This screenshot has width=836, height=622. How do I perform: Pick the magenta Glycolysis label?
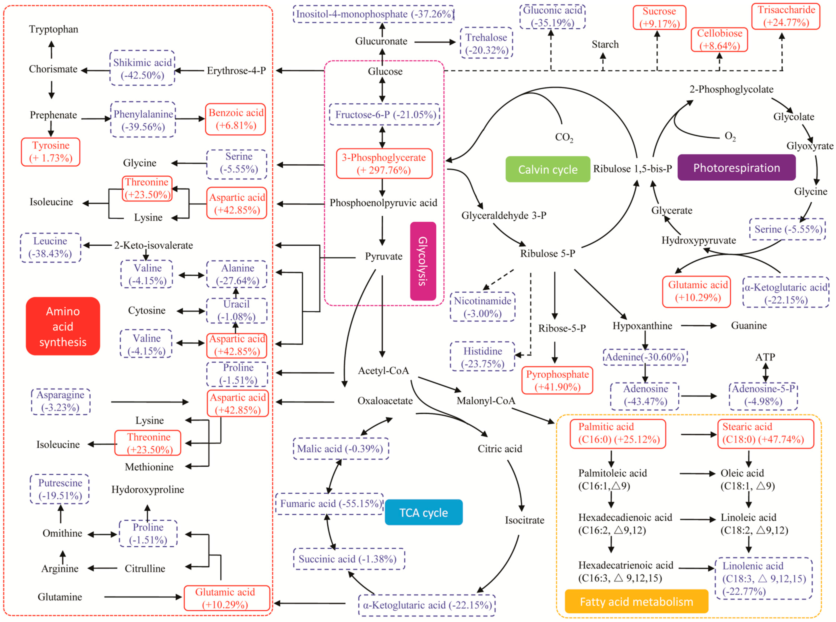[423, 261]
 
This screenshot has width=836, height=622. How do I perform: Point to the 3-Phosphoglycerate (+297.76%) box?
[384, 164]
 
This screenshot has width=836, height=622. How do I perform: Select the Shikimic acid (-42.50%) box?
[142, 69]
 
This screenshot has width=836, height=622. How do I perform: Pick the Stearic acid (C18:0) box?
[765, 433]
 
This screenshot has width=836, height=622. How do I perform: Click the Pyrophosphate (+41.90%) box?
[557, 381]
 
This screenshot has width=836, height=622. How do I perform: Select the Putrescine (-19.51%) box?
[60, 489]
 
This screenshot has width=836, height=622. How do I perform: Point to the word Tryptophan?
[53, 29]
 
